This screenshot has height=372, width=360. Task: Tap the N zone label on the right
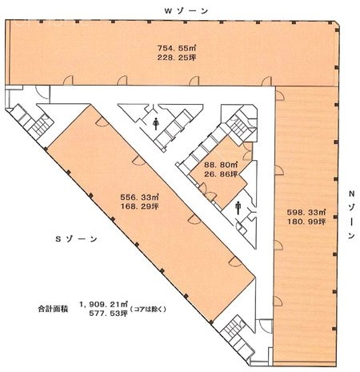coord(351,215)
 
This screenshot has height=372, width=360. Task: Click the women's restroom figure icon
coord(154,123)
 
